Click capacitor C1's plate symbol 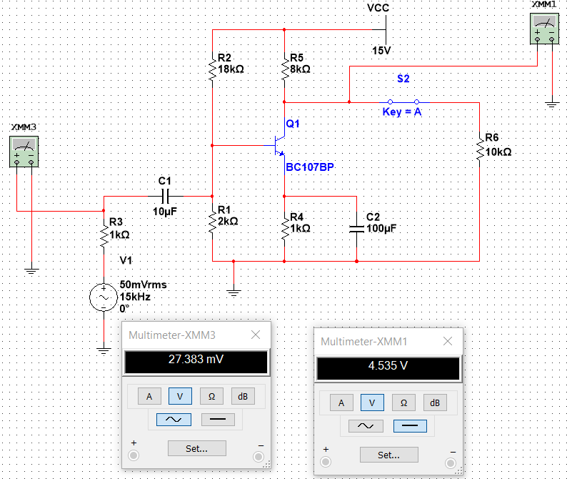click(165, 197)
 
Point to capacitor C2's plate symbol click(356, 229)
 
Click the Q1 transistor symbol click(279, 146)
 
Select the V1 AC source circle click(104, 297)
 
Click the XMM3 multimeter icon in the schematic click(24, 152)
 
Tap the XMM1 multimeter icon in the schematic click(544, 29)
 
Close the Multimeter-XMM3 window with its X click(256, 335)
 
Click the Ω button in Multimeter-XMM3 click(211, 397)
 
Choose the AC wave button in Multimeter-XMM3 click(174, 420)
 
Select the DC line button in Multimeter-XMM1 click(410, 426)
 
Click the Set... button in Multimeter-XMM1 click(389, 455)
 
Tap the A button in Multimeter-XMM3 click(149, 397)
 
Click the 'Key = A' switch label click(402, 112)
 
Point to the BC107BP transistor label click(310, 167)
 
